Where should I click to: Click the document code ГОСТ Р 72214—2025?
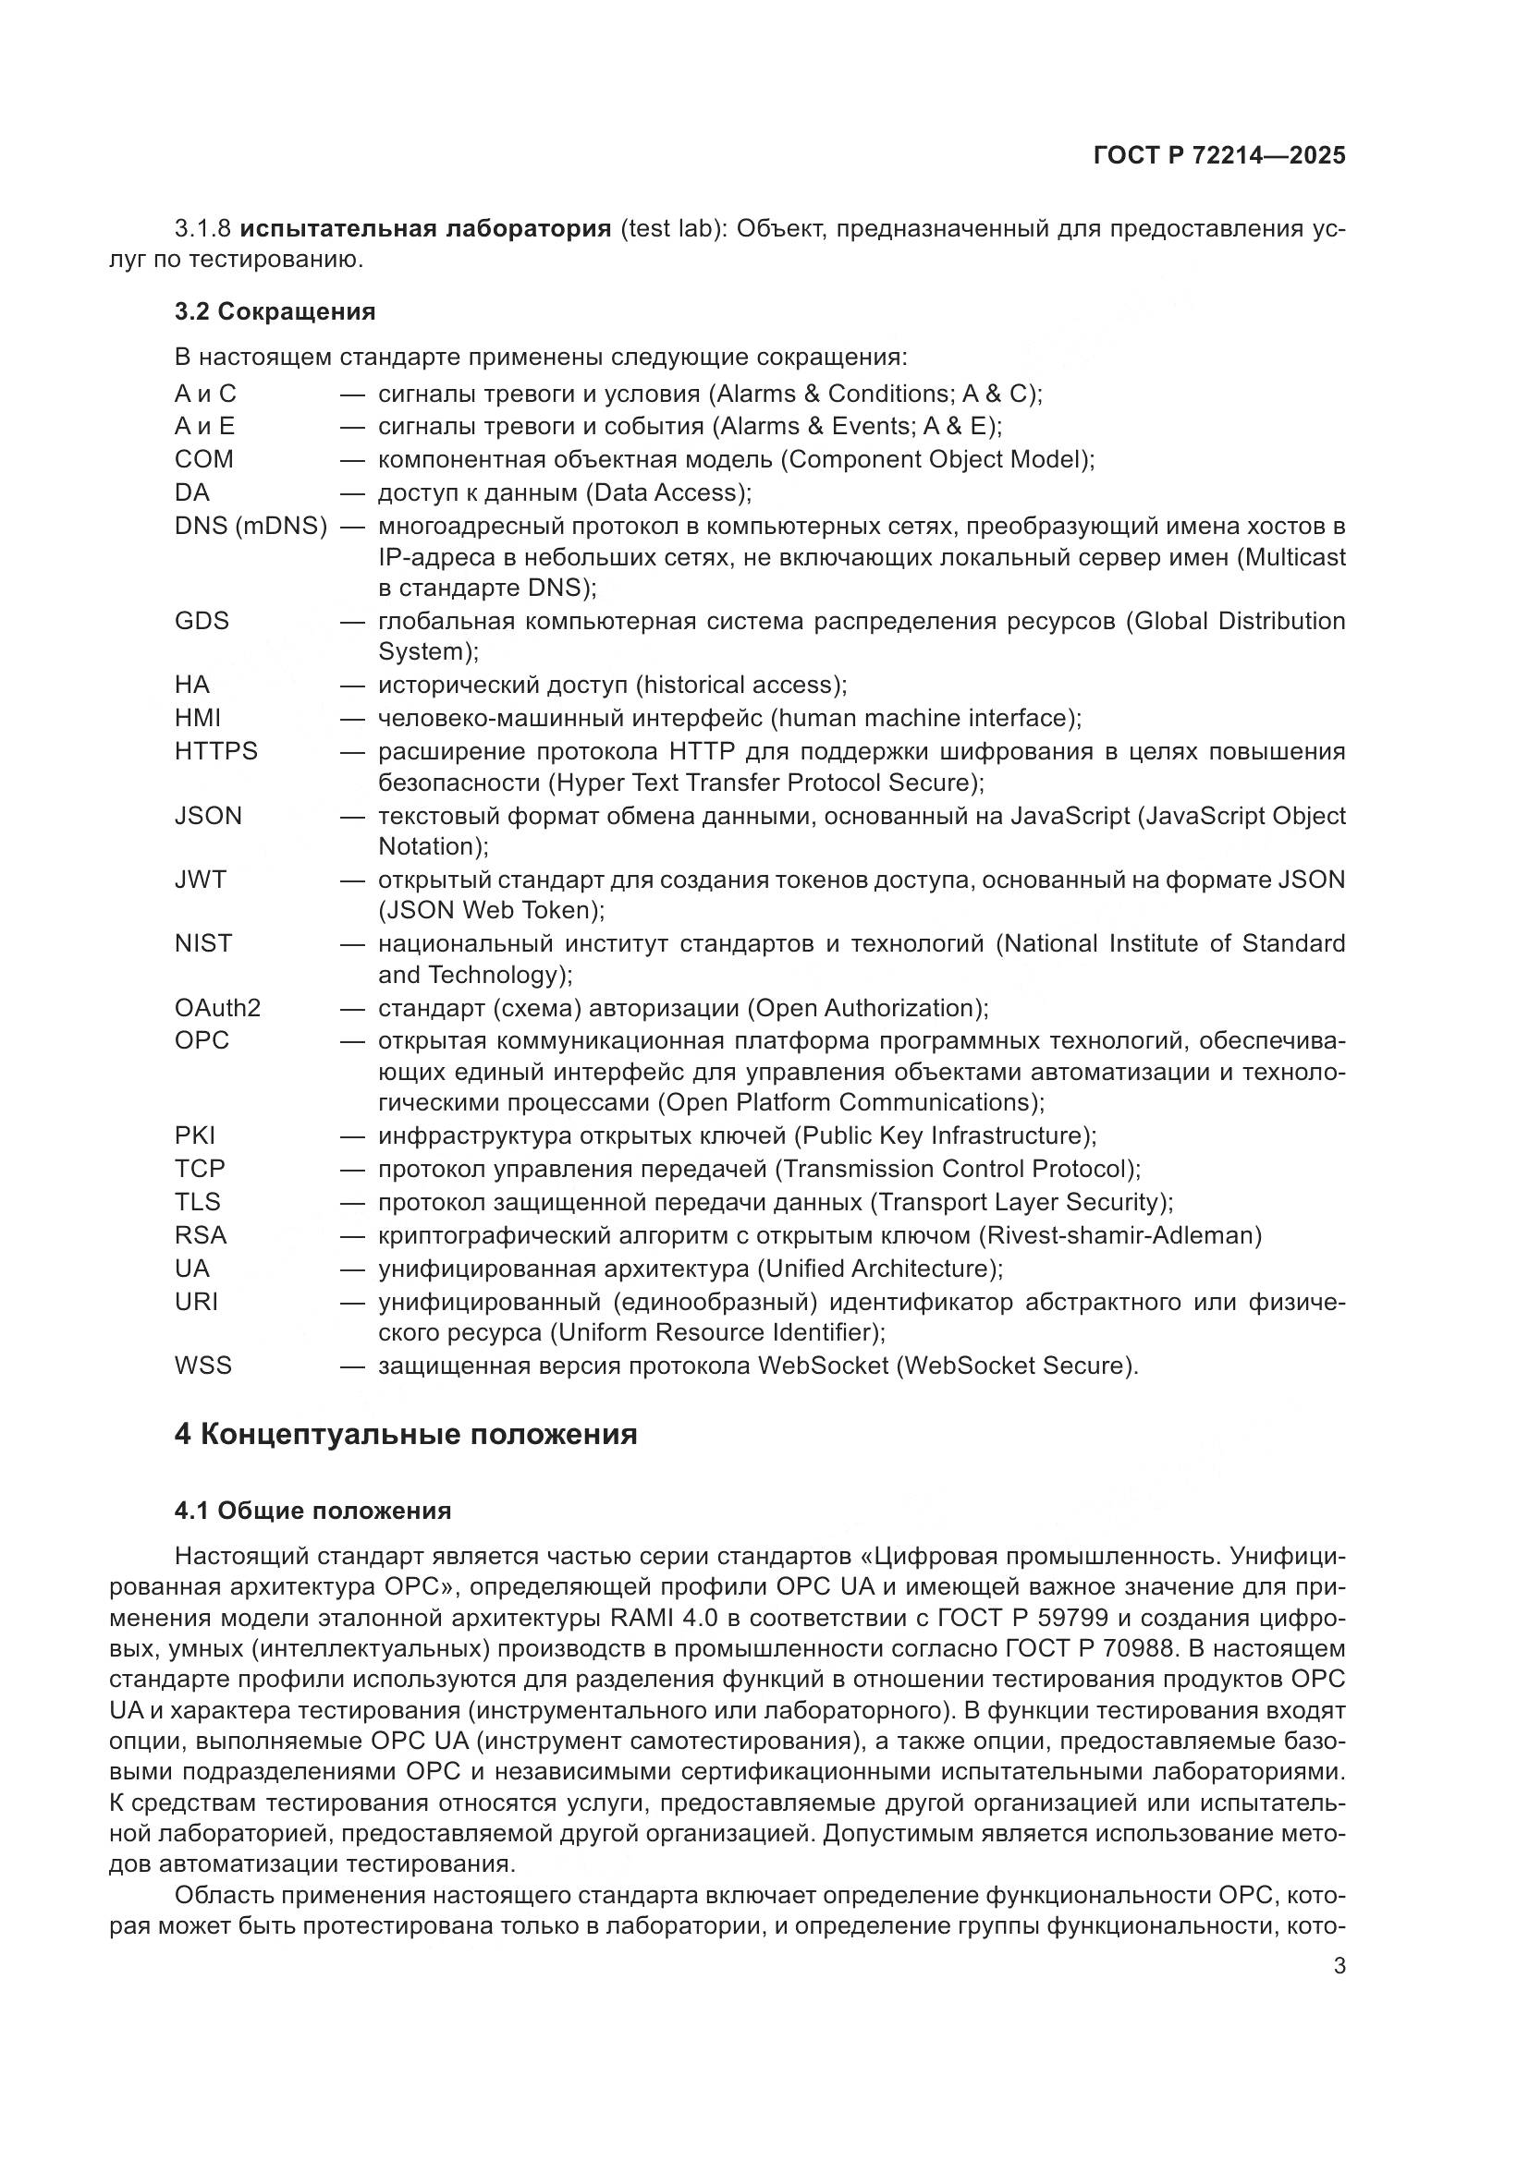(1219, 156)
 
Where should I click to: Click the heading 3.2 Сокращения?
(275, 311)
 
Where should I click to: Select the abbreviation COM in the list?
(203, 459)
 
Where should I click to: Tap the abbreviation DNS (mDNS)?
(251, 526)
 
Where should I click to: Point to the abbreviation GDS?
(202, 621)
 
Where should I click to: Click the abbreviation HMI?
(198, 718)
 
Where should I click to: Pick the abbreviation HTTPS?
(215, 751)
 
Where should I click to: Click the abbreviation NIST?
(202, 943)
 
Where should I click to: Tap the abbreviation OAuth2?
(217, 1008)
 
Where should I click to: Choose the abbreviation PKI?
(195, 1135)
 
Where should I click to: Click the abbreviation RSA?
(201, 1235)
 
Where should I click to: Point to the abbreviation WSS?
(202, 1365)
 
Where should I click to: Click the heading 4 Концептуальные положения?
(406, 1435)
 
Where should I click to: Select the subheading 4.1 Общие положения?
(312, 1511)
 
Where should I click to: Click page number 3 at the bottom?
(1339, 1966)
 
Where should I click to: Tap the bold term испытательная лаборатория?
(425, 229)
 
